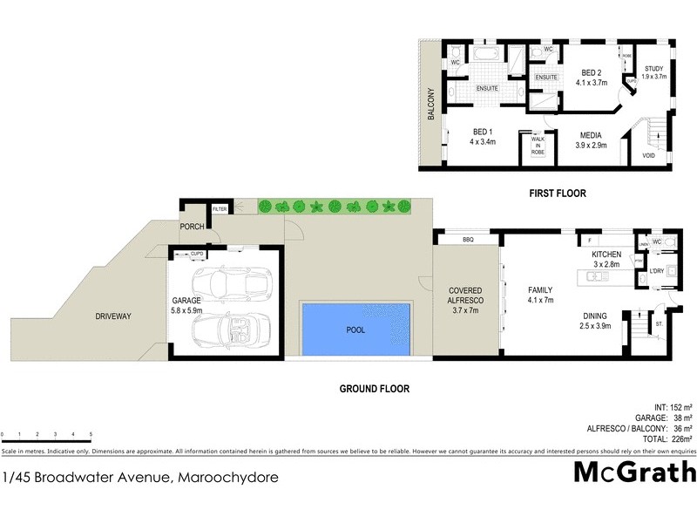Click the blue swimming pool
355,329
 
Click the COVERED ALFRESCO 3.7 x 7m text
466,299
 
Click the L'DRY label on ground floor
657,273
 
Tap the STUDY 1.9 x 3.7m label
654,71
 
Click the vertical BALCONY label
430,104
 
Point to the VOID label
648,156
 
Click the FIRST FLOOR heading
558,194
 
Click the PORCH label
192,227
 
